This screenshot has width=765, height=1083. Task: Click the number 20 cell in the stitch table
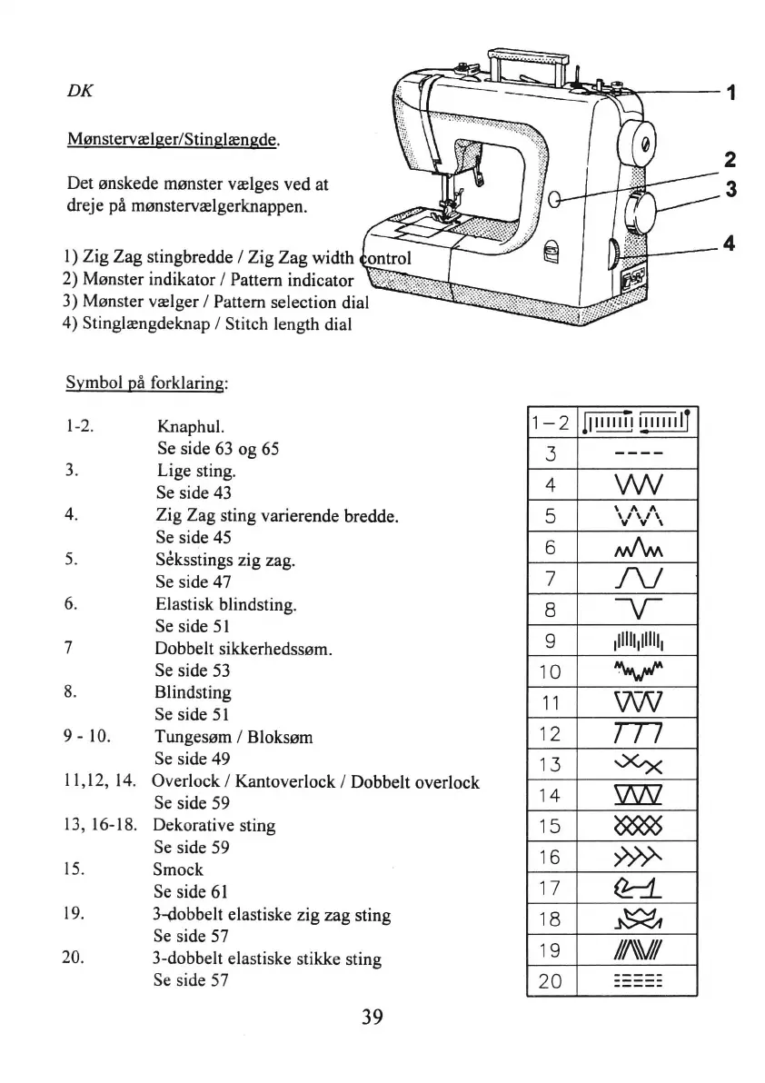[551, 980]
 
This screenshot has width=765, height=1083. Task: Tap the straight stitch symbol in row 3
[636, 452]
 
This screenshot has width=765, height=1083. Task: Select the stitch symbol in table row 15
[636, 826]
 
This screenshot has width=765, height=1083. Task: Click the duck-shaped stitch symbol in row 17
[636, 888]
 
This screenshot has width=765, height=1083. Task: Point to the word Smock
[178, 869]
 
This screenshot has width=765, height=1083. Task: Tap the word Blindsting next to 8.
[194, 692]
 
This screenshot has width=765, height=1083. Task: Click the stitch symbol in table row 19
[636, 949]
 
